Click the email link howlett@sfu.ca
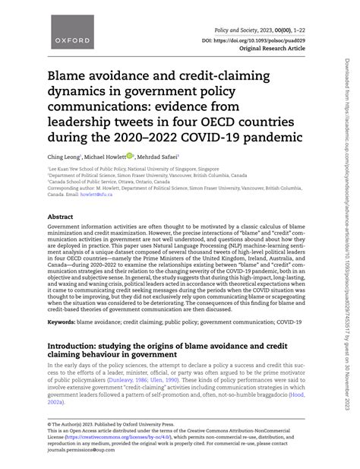96,193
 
